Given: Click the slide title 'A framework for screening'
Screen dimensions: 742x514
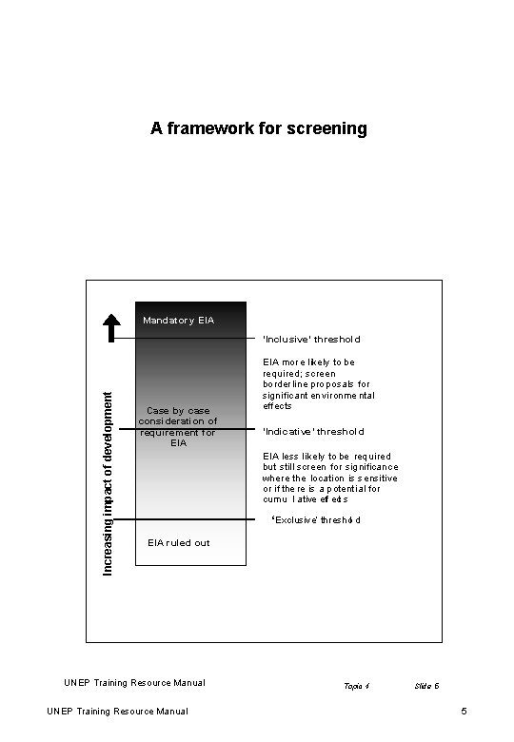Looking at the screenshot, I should [x=258, y=128].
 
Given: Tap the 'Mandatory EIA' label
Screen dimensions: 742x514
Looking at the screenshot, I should [x=178, y=321].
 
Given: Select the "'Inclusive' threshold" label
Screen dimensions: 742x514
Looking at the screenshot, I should [x=311, y=339].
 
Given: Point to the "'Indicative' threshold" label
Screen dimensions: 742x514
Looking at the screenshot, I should [x=313, y=431].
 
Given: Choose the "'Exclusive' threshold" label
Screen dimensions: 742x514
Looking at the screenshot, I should [x=316, y=520].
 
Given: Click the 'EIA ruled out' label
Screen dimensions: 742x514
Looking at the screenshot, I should [x=179, y=543].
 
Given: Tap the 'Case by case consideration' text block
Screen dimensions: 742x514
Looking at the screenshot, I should [x=178, y=426].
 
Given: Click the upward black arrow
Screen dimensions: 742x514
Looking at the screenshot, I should [x=111, y=326].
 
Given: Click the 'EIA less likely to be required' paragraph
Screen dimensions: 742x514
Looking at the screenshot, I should [x=329, y=478].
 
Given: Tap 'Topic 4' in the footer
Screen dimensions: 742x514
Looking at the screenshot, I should [x=356, y=686].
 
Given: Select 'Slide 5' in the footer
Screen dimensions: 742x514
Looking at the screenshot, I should [x=426, y=686].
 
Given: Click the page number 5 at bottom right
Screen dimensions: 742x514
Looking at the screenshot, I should [x=463, y=712].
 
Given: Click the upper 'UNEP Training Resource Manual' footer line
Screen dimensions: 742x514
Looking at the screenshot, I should [x=134, y=682].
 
